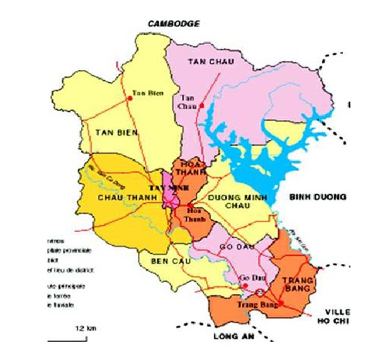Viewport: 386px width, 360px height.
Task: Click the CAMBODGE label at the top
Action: pos(173,24)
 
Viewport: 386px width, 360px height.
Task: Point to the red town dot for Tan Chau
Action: pos(202,106)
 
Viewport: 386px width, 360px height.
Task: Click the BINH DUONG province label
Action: pos(317,197)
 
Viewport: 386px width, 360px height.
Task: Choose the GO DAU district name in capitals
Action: pos(236,249)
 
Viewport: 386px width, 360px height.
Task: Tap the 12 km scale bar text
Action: pos(86,328)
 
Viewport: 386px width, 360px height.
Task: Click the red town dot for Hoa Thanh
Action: pos(189,205)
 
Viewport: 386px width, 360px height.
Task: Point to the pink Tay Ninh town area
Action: pos(169,195)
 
